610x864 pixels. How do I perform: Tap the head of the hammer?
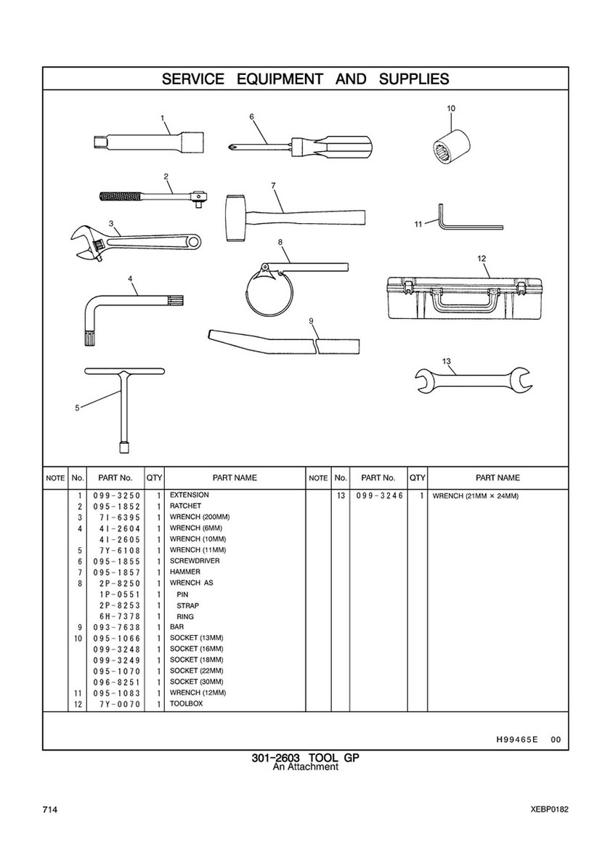235,217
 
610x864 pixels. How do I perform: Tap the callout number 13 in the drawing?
447,361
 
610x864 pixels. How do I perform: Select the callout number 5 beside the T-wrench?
77,408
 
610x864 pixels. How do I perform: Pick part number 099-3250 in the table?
117,496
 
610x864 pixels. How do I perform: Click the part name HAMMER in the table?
185,572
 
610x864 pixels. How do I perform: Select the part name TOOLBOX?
186,703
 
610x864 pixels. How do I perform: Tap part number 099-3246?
380,496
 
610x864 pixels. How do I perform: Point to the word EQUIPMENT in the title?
280,78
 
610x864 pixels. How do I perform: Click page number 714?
49,810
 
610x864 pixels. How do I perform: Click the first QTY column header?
154,477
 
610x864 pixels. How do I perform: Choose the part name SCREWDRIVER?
195,561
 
